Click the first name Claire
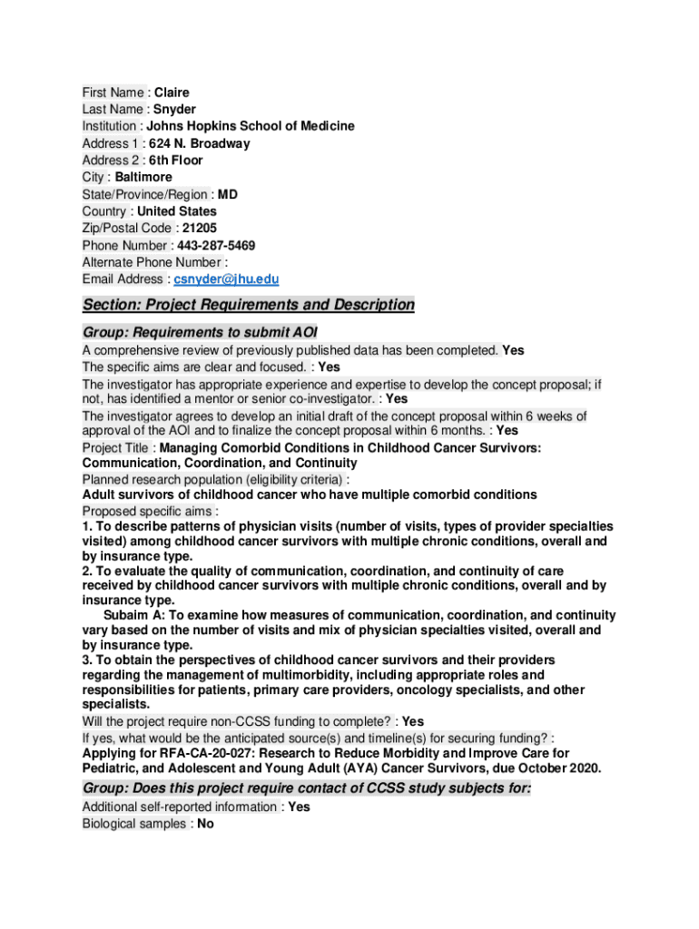(x=172, y=93)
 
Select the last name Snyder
(x=174, y=110)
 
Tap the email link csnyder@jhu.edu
(x=226, y=279)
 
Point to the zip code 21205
(x=200, y=229)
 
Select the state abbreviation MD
(x=228, y=194)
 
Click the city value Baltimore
(x=143, y=177)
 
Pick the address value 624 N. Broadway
(x=193, y=143)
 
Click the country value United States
(x=177, y=211)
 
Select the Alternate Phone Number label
(x=147, y=262)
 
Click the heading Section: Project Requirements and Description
(x=248, y=305)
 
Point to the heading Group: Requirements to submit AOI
(x=200, y=332)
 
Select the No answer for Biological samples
(x=206, y=825)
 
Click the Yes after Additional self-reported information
(x=299, y=807)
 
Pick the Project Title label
(x=117, y=448)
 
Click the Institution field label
(x=110, y=126)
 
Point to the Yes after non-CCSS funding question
(x=413, y=722)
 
